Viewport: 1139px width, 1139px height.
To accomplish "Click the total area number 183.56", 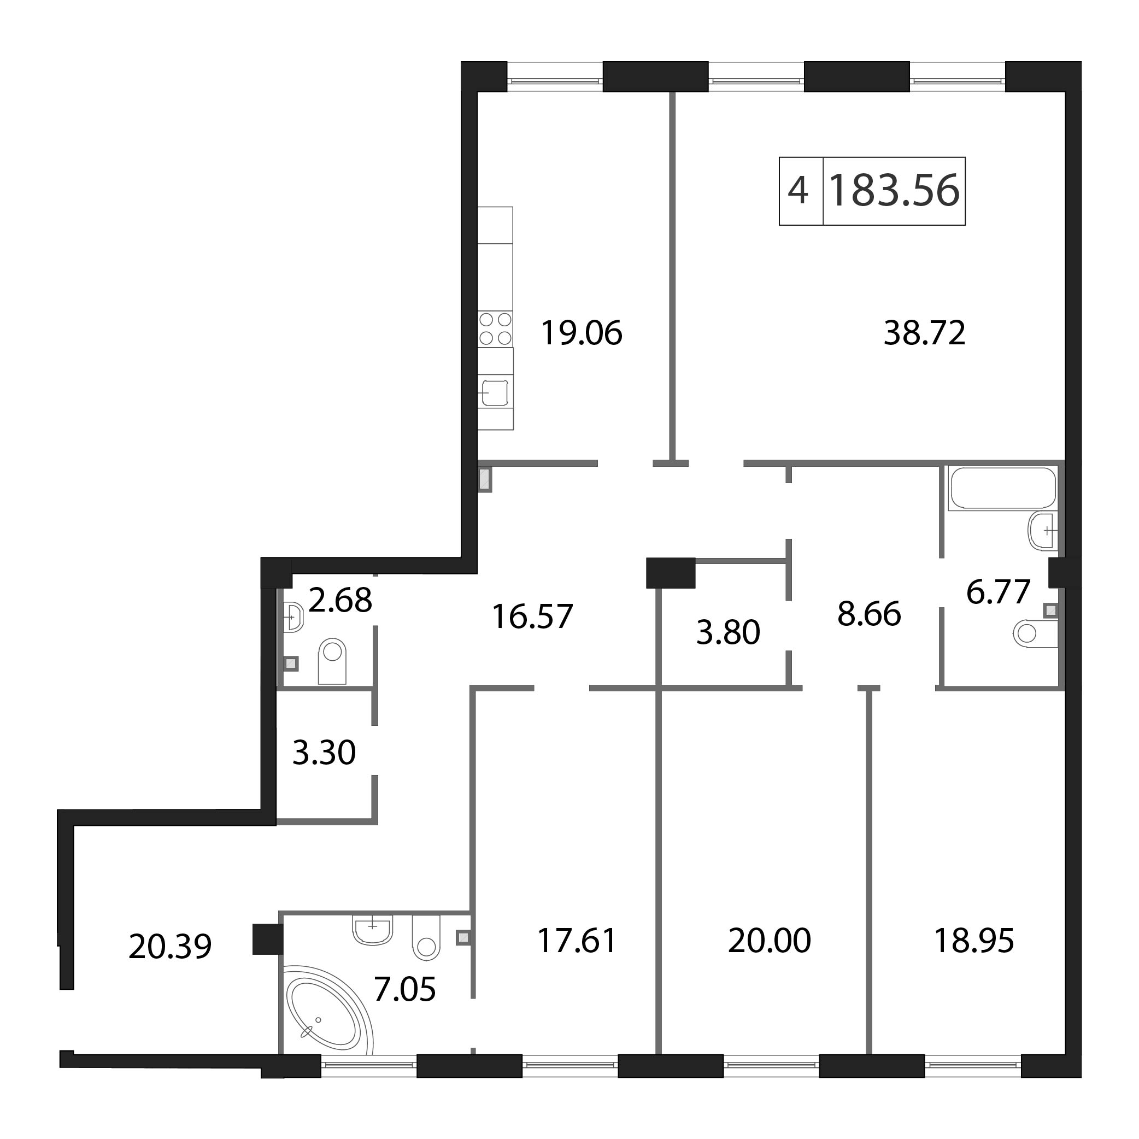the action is (894, 191).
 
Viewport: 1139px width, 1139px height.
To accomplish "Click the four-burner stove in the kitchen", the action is (495, 329).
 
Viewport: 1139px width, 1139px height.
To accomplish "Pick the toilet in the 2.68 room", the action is (332, 660).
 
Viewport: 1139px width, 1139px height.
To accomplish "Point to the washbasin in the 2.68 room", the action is (293, 617).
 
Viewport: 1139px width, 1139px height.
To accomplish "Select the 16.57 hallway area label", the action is (532, 617).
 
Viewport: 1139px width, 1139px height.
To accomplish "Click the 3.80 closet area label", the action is (728, 632).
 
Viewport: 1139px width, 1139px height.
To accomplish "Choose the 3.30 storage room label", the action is (324, 753).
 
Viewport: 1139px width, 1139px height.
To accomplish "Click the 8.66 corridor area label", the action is (869, 614).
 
